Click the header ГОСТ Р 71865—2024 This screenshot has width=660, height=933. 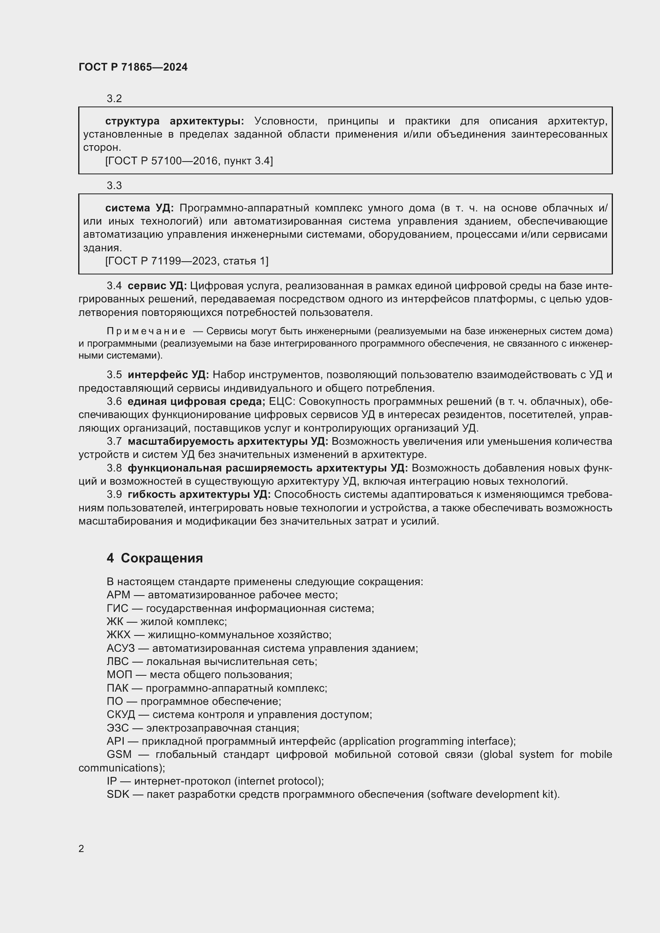(x=133, y=67)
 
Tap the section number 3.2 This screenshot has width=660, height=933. (x=114, y=99)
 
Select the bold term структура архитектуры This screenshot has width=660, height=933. (x=174, y=121)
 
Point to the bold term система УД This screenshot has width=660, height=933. (x=139, y=208)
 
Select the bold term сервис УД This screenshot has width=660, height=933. (x=157, y=286)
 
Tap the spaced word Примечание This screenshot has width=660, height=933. (x=146, y=331)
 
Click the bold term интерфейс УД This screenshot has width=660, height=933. (x=168, y=375)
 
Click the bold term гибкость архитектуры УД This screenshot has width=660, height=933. (x=199, y=495)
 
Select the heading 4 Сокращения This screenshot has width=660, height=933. (x=154, y=558)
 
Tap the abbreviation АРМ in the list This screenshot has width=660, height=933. (x=118, y=595)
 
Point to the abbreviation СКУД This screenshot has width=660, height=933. (x=120, y=714)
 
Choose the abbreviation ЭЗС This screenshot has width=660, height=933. (x=117, y=728)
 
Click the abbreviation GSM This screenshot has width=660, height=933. (x=119, y=754)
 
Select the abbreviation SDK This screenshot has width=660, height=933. (x=118, y=794)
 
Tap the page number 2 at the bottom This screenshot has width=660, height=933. (x=81, y=848)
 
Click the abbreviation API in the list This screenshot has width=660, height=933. (x=115, y=741)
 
